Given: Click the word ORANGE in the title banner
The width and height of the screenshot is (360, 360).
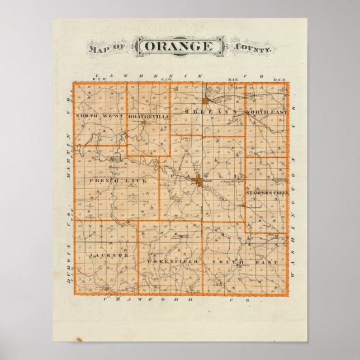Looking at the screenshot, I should (x=179, y=48).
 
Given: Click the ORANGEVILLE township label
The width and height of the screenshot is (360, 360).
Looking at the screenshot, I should (x=147, y=116).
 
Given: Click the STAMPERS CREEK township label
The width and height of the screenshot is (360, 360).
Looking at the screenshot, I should (x=267, y=192).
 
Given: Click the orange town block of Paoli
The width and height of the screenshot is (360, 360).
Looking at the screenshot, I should (x=198, y=180).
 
